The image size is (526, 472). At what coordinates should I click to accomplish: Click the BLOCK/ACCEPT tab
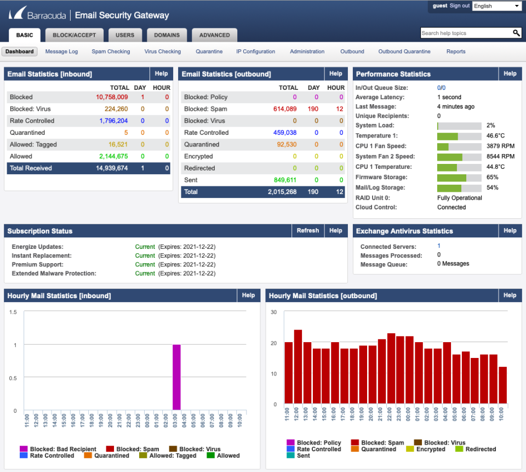[x=74, y=35]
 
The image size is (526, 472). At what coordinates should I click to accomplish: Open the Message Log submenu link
[x=61, y=52]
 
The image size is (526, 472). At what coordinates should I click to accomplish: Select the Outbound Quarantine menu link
[x=404, y=52]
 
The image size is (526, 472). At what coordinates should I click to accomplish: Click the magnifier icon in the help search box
[x=516, y=33]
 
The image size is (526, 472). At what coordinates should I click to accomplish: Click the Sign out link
[x=460, y=5]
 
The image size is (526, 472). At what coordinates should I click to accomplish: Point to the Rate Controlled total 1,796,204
[x=113, y=121]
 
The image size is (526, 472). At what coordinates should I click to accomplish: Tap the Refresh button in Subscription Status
[x=307, y=231]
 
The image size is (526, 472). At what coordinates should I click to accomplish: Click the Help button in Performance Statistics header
[x=510, y=73]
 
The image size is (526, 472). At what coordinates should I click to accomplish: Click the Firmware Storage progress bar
[x=459, y=178]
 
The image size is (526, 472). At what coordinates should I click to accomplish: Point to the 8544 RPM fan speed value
[x=500, y=157]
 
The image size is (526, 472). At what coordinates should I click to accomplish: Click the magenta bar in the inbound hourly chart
[x=176, y=377]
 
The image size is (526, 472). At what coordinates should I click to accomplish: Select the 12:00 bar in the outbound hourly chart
[x=298, y=367]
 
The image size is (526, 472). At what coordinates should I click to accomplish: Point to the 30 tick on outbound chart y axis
[x=274, y=312]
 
